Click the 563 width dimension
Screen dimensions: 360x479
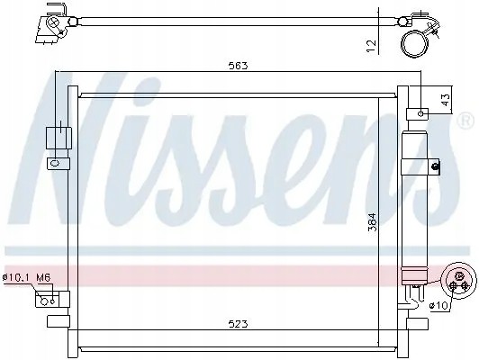pos(238,66)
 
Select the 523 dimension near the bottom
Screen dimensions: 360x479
pos(238,323)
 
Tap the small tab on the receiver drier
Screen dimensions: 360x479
pos(435,165)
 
